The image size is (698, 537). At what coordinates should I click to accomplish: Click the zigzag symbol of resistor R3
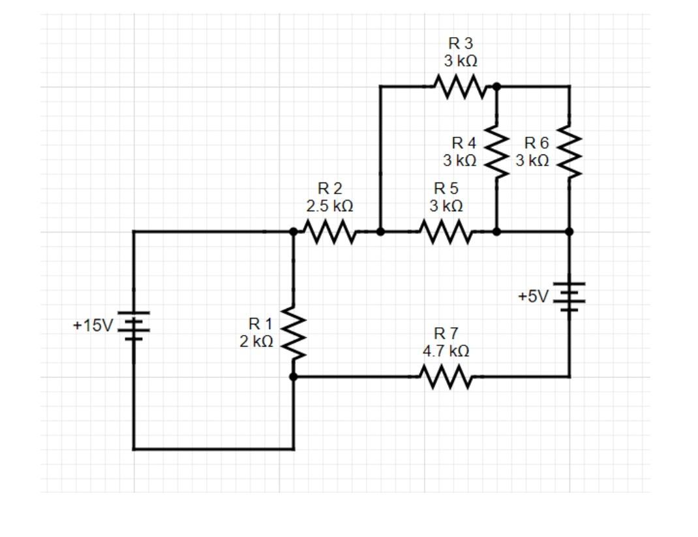point(460,86)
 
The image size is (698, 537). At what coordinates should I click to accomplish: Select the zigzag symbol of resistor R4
point(496,151)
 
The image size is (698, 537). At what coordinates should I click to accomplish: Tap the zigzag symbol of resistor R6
point(569,151)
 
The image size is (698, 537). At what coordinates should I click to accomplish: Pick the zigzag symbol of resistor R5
point(445,231)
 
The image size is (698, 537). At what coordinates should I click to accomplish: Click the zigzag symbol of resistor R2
point(329,231)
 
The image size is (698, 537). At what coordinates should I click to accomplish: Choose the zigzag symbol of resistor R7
point(445,377)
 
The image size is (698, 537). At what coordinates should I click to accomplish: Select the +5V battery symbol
point(569,297)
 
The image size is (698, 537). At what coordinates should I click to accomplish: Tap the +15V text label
point(93,325)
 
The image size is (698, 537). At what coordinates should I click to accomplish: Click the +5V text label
point(534,297)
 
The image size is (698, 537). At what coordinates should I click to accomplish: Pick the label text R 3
point(461,44)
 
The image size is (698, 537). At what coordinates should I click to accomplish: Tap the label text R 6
point(537,143)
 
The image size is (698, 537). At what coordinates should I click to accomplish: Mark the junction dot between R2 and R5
point(380,231)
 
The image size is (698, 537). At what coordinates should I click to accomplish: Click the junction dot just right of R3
point(496,86)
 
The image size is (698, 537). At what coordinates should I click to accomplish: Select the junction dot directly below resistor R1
point(293,377)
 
